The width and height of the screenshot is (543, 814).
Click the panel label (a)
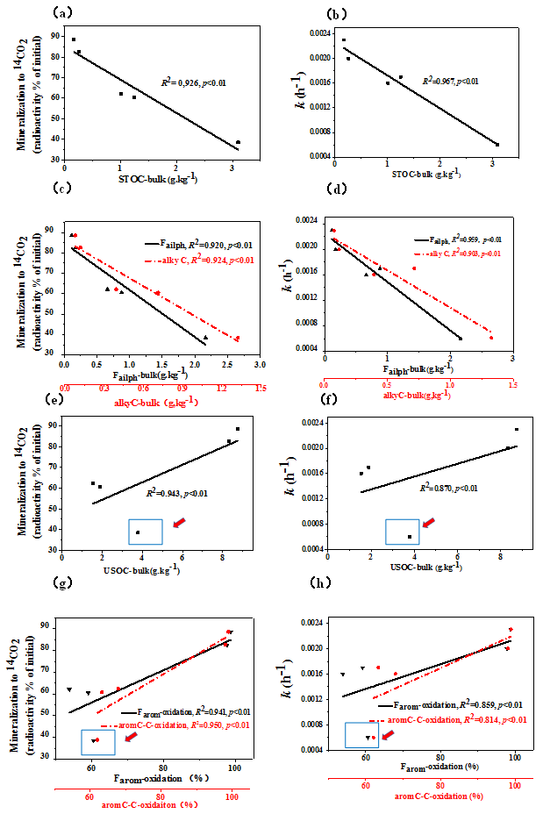click(61, 13)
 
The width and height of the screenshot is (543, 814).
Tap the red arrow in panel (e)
click(179, 523)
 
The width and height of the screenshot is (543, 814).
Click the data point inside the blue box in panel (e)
click(138, 532)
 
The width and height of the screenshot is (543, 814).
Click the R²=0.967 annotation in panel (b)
click(452, 80)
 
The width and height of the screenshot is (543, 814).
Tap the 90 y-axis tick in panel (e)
click(52, 425)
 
